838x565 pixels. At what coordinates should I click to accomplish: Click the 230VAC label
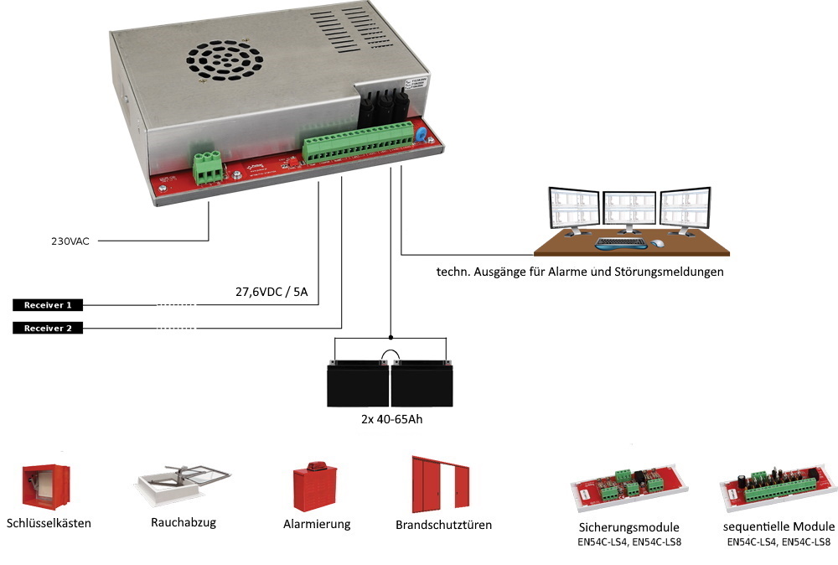pos(70,241)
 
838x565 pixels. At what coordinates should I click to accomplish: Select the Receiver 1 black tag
pos(48,305)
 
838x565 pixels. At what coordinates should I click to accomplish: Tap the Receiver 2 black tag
pos(48,328)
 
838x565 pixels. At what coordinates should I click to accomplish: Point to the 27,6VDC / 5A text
pos(269,293)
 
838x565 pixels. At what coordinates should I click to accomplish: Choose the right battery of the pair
pos(420,381)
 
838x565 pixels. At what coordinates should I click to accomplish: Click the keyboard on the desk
pos(620,244)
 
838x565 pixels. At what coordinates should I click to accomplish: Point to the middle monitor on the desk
pos(629,210)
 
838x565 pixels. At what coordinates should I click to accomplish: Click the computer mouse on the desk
pos(658,243)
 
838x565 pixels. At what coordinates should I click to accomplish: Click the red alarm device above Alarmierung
pos(315,488)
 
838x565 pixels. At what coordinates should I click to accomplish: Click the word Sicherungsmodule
pos(628,527)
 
